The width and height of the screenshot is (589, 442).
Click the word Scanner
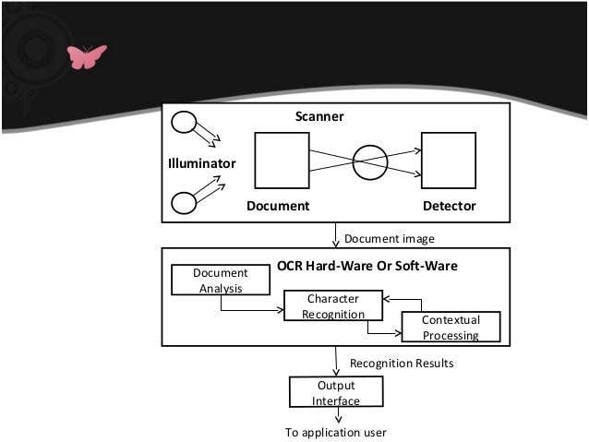point(319,117)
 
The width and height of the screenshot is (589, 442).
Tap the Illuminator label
point(202,163)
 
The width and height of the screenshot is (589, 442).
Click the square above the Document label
point(281,160)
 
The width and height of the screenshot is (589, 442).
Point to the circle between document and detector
point(369,161)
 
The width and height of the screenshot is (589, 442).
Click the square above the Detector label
point(448,160)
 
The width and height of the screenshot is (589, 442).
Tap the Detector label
point(449,206)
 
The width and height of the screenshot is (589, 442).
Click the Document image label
point(389,239)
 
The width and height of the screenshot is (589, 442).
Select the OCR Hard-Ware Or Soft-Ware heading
point(367,267)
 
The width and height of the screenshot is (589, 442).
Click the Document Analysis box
point(220,280)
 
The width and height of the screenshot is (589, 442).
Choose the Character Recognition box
point(332,306)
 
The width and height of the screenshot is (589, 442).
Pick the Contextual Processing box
point(451,327)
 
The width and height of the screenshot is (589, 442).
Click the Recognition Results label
point(401,364)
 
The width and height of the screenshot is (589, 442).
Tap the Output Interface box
point(335,392)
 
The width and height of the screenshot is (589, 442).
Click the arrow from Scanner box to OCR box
point(336,235)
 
